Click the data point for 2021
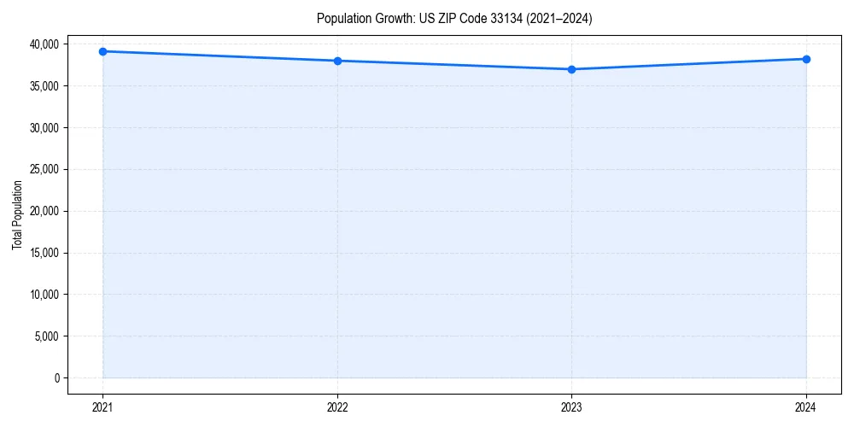(x=102, y=51)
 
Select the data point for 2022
(x=337, y=61)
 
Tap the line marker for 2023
(x=571, y=69)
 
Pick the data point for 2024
(x=806, y=59)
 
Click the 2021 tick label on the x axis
(x=102, y=407)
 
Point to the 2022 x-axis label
(x=337, y=407)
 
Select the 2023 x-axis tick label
(x=571, y=407)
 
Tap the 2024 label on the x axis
(x=806, y=407)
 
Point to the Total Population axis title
(x=17, y=214)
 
